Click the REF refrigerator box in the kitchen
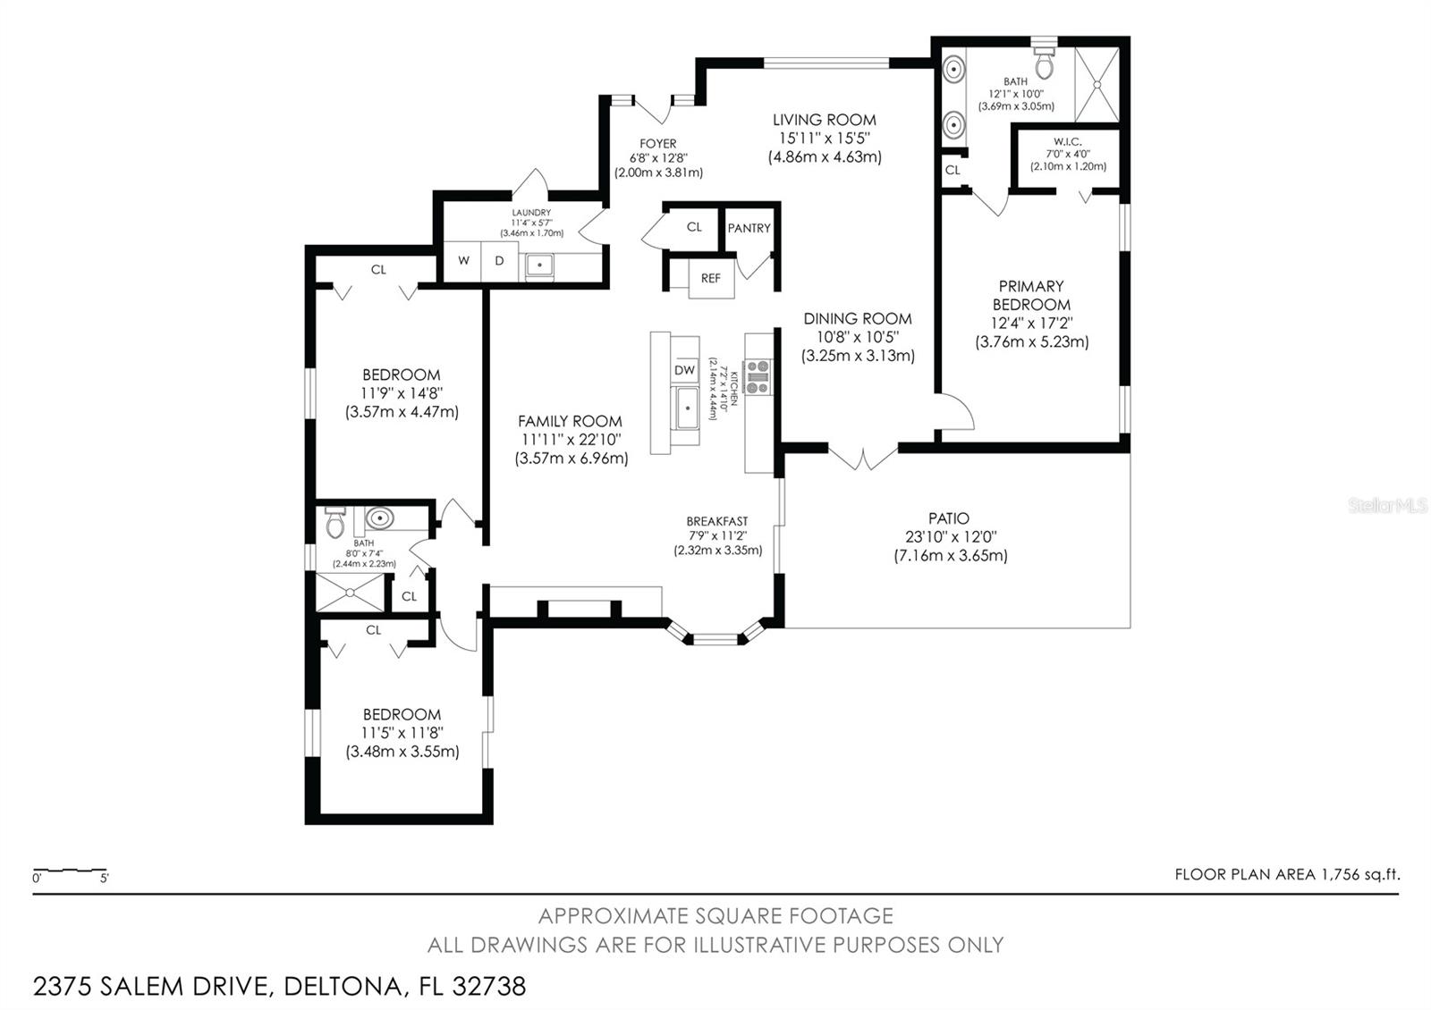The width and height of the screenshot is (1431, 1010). point(711,278)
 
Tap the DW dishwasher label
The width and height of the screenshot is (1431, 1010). point(684,370)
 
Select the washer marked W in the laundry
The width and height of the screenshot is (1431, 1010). point(463,261)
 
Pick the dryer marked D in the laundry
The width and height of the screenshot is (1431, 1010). point(500,261)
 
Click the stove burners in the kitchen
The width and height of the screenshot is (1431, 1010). point(758,376)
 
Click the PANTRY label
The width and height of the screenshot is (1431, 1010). point(749,228)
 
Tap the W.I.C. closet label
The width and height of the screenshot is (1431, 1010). point(1068,141)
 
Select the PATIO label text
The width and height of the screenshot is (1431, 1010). point(949,518)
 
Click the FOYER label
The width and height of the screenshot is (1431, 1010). point(657,144)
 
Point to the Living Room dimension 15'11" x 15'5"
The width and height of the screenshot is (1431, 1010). point(825,138)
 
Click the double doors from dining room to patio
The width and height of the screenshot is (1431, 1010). point(862,457)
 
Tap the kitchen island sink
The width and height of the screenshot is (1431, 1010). point(687,409)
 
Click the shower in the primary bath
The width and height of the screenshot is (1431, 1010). point(1096,85)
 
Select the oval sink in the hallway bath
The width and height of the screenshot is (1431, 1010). point(380,518)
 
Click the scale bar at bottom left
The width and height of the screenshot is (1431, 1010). point(70,871)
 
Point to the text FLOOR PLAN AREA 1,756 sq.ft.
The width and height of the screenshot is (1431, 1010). point(1286,875)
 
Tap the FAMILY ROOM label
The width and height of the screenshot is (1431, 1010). point(570,421)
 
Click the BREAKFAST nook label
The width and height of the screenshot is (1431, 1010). point(717,521)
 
